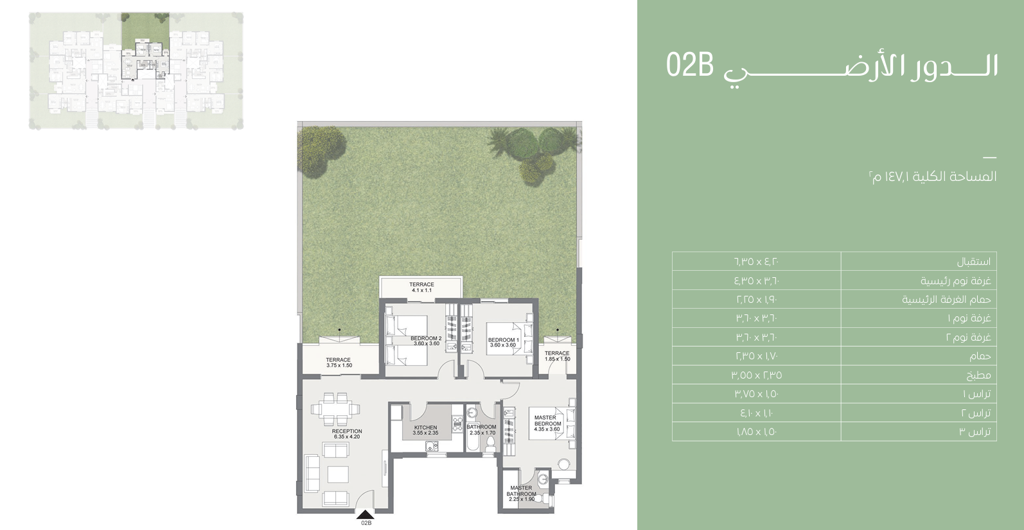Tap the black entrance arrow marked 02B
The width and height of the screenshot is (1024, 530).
366,515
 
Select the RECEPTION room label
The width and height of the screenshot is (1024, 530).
347,434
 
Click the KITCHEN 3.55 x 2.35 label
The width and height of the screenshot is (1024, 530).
426,430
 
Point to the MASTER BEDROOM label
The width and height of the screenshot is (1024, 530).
547,423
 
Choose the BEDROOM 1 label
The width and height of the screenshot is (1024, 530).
503,343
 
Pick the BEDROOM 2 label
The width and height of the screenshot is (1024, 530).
426,341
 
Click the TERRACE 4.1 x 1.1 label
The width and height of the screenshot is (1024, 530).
421,287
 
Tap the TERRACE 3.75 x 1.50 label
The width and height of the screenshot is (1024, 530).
339,363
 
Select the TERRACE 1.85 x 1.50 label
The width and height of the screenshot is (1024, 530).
557,356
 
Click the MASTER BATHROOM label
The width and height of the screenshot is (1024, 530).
521,493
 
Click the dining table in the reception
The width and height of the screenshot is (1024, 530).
335,409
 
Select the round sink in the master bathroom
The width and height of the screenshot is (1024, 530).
543,479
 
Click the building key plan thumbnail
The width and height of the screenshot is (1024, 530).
136,71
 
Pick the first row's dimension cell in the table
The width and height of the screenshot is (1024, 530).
757,262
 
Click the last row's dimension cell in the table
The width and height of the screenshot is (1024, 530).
757,431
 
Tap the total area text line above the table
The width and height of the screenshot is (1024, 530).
933,176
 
